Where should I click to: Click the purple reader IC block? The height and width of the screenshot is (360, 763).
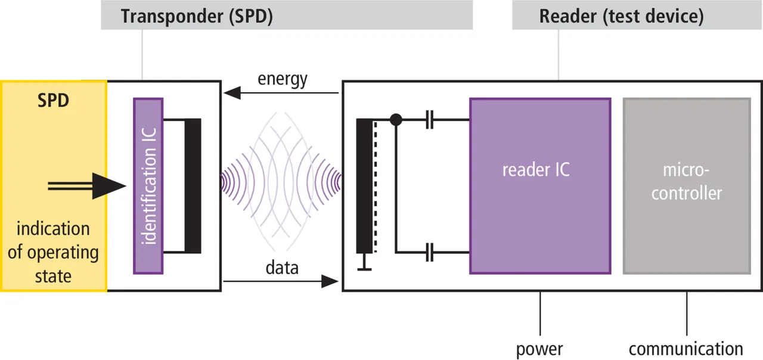[x=539, y=185]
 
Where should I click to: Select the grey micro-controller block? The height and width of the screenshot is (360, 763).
[x=686, y=185]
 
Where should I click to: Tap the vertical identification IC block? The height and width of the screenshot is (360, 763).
[x=148, y=185]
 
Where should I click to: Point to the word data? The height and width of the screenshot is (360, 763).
[x=282, y=268]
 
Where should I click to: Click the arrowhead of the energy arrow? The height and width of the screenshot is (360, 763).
[x=232, y=92]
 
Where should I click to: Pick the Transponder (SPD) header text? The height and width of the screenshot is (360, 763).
[x=197, y=16]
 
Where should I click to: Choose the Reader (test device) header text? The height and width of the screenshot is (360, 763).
[x=621, y=16]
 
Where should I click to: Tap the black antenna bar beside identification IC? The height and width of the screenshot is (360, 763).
[x=193, y=185]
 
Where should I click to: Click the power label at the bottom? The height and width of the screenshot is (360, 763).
[x=539, y=348]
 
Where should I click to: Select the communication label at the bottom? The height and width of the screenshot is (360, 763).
[x=686, y=348]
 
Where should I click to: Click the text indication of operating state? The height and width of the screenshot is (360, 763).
[x=52, y=252]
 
